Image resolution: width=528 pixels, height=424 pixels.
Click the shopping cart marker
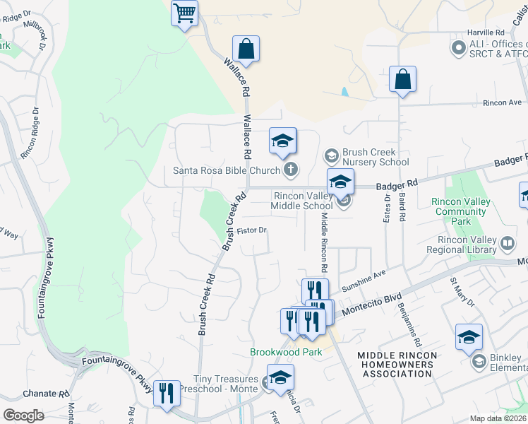184,13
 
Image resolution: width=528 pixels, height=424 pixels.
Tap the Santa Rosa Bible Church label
227,170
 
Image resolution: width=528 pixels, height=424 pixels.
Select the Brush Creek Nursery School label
375,157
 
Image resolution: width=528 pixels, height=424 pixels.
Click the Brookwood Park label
286,352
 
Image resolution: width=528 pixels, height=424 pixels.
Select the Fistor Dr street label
251,230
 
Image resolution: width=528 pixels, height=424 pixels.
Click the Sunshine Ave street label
364,283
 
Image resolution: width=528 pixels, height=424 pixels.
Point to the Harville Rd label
486,33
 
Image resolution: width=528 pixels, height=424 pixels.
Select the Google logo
24,415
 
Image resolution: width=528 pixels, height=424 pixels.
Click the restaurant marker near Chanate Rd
167,394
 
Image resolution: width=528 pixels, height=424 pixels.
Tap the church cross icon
290,170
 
